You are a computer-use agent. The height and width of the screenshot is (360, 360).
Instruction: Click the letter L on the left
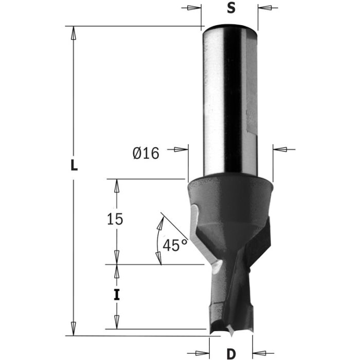pos(74,166)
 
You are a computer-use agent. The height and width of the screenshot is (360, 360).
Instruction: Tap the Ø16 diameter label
pos(146,153)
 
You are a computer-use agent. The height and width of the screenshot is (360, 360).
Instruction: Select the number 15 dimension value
pos(115,220)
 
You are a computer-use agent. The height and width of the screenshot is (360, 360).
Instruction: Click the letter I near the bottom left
pos(117,295)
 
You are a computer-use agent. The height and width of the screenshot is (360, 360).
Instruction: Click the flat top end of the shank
pos(229,26)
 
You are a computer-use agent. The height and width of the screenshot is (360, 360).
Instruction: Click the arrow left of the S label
pos(192,8)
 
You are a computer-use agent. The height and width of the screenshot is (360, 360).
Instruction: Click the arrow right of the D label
pos(260,353)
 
